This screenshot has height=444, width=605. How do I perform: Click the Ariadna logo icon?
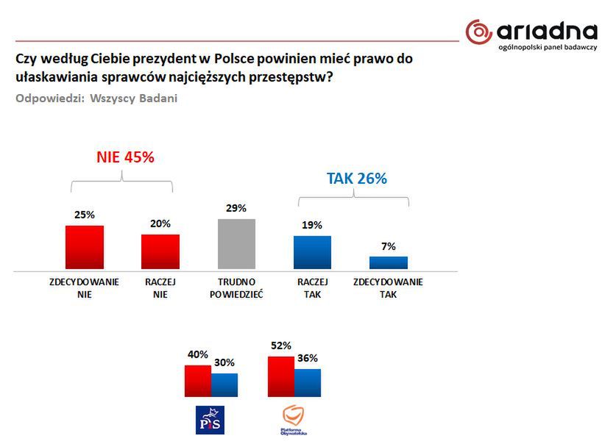pyautogui.click(x=478, y=32)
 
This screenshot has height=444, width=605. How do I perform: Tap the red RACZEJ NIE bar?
pyautogui.click(x=160, y=252)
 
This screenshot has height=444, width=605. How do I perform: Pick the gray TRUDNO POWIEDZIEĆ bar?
pyautogui.click(x=236, y=244)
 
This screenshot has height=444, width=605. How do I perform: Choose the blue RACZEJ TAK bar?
pyautogui.click(x=312, y=253)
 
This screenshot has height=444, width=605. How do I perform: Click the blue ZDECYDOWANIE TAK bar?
pyautogui.click(x=388, y=262)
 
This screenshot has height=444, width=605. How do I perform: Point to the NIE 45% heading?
pyautogui.click(x=125, y=157)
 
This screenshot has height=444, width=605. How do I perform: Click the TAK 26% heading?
pyautogui.click(x=357, y=179)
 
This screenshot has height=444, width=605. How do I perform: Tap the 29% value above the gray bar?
pyautogui.click(x=236, y=209)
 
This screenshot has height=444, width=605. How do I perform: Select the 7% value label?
pyautogui.click(x=389, y=246)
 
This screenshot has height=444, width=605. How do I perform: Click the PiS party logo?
pyautogui.click(x=208, y=419)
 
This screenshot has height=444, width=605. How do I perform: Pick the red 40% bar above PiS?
pyautogui.click(x=197, y=380)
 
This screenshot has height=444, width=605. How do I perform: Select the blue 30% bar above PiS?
pyautogui.click(x=224, y=384)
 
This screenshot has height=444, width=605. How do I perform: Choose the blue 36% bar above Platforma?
pyautogui.click(x=307, y=382)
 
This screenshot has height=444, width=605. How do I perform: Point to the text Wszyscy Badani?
pyautogui.click(x=134, y=99)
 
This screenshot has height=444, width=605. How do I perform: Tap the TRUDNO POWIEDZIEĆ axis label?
pyautogui.click(x=236, y=288)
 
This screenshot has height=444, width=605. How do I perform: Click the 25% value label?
pyautogui.click(x=84, y=215)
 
